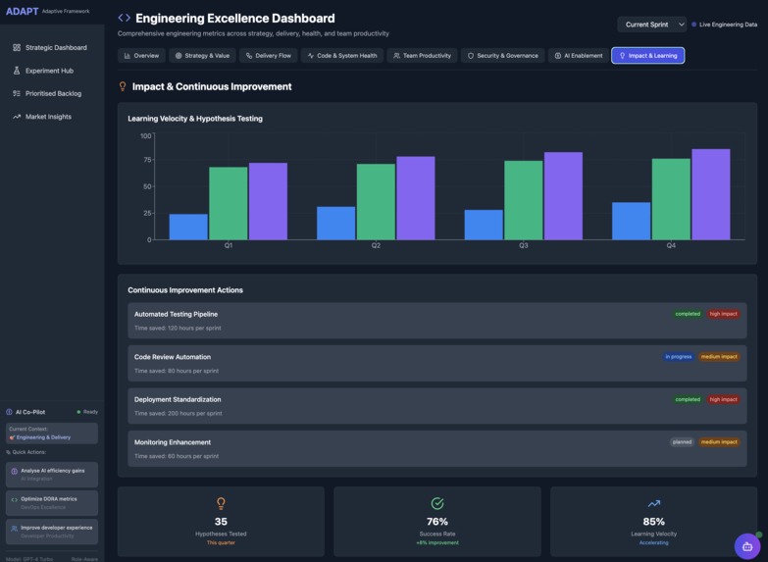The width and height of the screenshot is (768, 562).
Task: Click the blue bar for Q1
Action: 188,227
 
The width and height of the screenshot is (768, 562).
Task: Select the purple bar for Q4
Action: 710,194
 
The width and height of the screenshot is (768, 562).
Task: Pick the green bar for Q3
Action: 523,200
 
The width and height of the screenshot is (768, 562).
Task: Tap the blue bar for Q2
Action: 335,223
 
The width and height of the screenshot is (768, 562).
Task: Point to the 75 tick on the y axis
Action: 146,160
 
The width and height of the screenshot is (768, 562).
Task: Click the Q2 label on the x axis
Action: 376,245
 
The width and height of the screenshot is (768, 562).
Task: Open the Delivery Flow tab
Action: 268,56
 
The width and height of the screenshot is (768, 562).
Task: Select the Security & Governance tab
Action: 502,56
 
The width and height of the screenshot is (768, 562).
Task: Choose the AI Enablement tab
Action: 578,56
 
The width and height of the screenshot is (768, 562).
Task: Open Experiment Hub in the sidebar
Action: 49,71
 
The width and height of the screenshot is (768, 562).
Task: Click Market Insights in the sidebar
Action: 48,117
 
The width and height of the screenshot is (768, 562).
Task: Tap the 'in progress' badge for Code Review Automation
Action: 678,357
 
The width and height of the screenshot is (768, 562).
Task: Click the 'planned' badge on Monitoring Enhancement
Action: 682,442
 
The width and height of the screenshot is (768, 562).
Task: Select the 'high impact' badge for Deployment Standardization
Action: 723,399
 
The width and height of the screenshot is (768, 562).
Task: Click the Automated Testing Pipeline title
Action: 176,314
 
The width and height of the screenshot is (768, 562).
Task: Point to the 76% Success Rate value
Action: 437,522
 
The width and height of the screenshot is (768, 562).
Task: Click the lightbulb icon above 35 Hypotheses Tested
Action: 221,503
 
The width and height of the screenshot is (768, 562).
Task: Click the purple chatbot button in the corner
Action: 746,545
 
